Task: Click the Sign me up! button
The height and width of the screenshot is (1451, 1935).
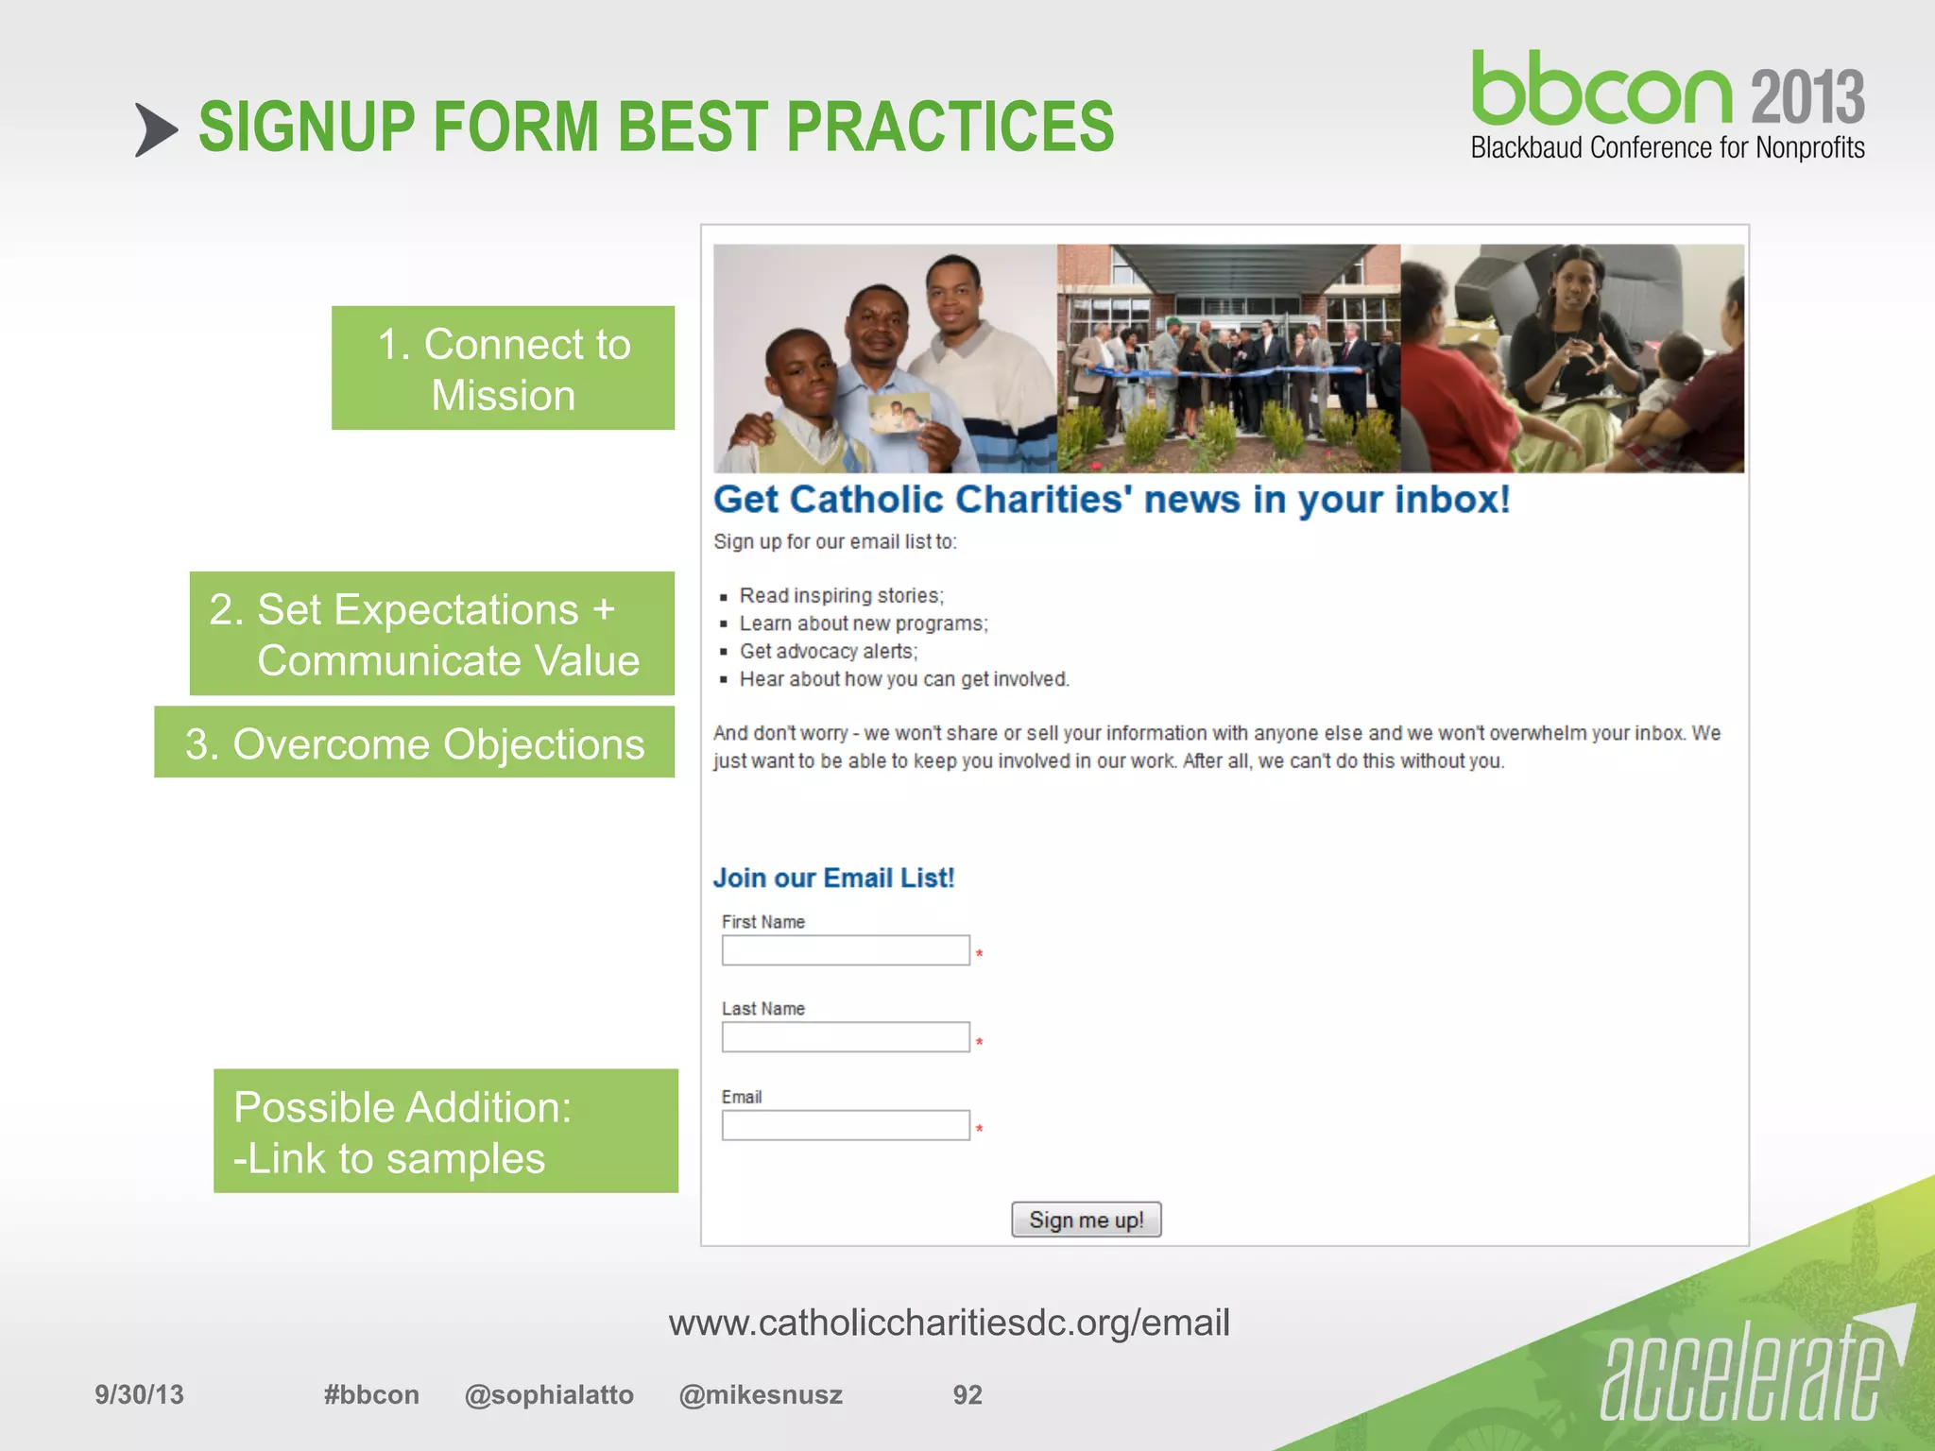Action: (1086, 1220)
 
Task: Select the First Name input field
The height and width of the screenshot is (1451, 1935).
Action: (846, 950)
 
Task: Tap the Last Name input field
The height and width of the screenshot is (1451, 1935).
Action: (846, 1037)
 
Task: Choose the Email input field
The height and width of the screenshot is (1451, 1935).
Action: (846, 1125)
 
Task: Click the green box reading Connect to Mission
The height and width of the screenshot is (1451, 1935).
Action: (503, 368)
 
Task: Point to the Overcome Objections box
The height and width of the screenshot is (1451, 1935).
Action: (414, 743)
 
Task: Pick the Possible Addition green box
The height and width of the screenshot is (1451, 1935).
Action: (445, 1131)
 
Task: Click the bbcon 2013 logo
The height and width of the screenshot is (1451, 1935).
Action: (1668, 104)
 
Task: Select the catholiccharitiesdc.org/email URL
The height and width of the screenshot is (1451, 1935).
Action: (949, 1323)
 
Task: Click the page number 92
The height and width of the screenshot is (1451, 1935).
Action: (967, 1395)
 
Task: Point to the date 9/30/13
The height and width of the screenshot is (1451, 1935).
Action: (139, 1395)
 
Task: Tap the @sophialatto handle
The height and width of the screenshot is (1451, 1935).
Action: (549, 1395)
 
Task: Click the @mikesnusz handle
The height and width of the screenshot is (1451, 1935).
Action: (761, 1395)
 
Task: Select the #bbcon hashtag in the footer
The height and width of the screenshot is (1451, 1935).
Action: (371, 1395)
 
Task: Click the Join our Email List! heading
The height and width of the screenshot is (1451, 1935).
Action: (833, 878)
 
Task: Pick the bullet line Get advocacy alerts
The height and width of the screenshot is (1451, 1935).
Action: (828, 651)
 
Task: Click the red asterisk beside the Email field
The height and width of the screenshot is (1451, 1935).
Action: (980, 1129)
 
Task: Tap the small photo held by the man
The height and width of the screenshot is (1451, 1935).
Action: (899, 414)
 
